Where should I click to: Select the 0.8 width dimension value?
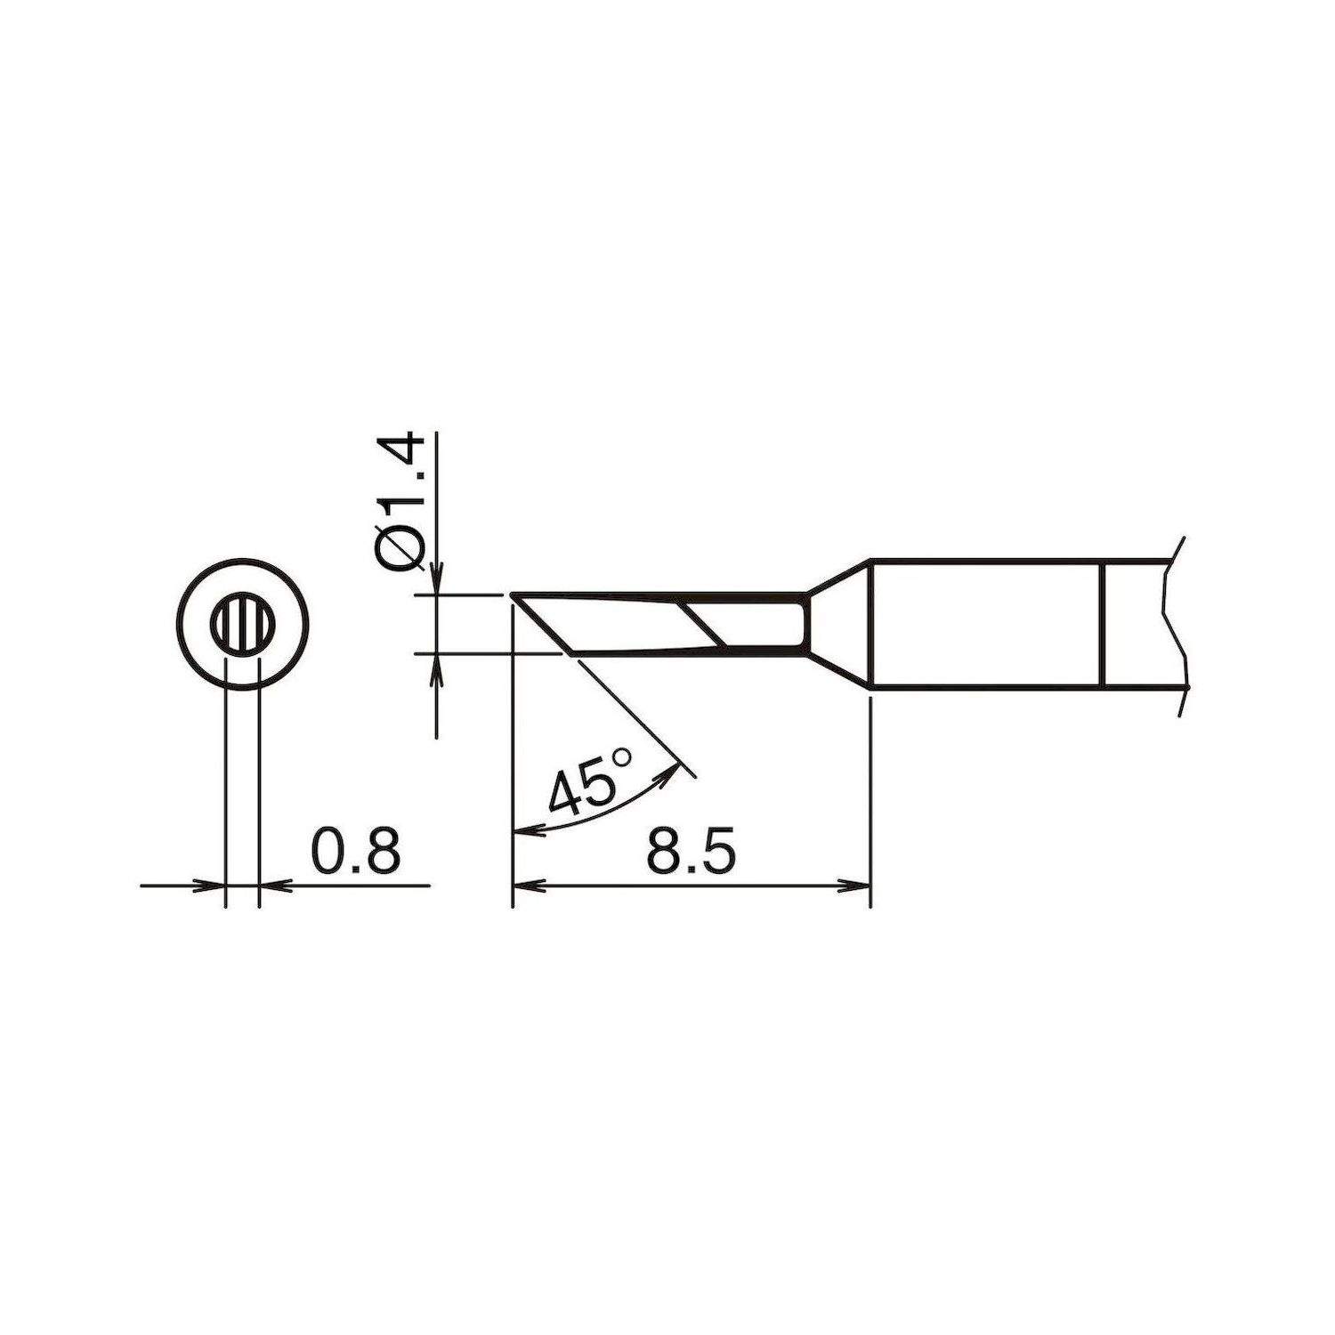[x=357, y=851]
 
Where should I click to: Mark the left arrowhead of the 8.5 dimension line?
[x=528, y=886]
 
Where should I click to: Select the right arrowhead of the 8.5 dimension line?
[x=856, y=886]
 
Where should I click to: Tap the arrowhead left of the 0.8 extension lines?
[x=212, y=886]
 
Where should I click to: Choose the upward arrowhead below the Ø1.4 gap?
[x=436, y=668]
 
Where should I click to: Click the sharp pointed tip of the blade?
[x=514, y=595]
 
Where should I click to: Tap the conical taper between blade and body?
[x=838, y=624]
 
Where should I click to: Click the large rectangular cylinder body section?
[x=984, y=624]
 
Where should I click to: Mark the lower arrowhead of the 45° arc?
[x=529, y=832]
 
